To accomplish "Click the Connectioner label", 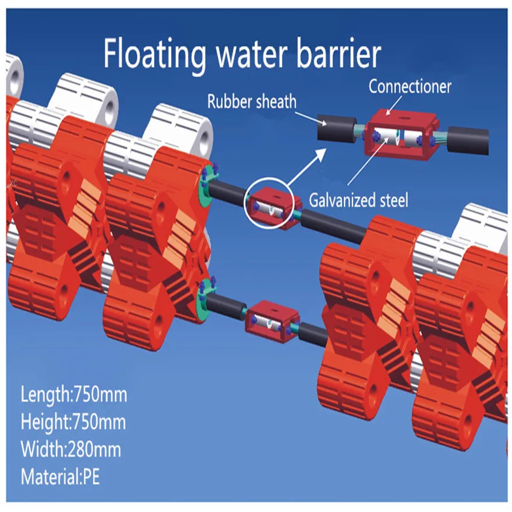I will coord(410,87).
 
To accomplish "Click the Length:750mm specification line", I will coord(73,396).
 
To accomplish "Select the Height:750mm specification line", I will coord(73,422).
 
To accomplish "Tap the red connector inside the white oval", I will coord(271,205).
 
